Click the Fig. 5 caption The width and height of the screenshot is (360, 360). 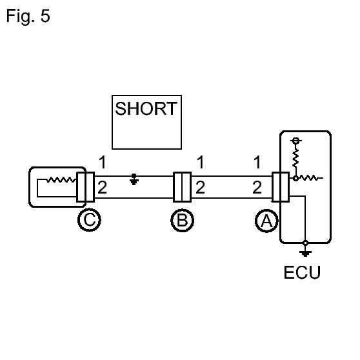[28, 16]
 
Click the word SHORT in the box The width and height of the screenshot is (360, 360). [146, 108]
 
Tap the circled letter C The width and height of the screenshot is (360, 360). [89, 220]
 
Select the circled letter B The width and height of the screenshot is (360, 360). [183, 221]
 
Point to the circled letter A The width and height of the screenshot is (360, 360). [267, 221]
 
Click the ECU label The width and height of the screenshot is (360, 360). [302, 272]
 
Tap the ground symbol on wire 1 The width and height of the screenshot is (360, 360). [134, 179]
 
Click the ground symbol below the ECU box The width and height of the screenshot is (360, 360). [305, 254]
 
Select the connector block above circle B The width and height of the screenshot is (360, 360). [183, 187]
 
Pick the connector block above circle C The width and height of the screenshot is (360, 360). [85, 187]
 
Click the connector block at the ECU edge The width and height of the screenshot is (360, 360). [281, 187]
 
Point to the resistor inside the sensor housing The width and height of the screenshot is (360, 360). [61, 180]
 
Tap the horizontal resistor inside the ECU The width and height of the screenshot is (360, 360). [309, 178]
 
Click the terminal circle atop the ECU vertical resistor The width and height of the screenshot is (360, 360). [296, 140]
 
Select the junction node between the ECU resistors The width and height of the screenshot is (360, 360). [295, 178]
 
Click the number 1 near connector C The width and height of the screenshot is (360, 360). [103, 162]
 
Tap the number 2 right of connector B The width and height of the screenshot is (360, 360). [201, 187]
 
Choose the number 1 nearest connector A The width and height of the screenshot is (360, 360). [257, 162]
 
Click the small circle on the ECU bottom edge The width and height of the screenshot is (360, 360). [305, 243]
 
